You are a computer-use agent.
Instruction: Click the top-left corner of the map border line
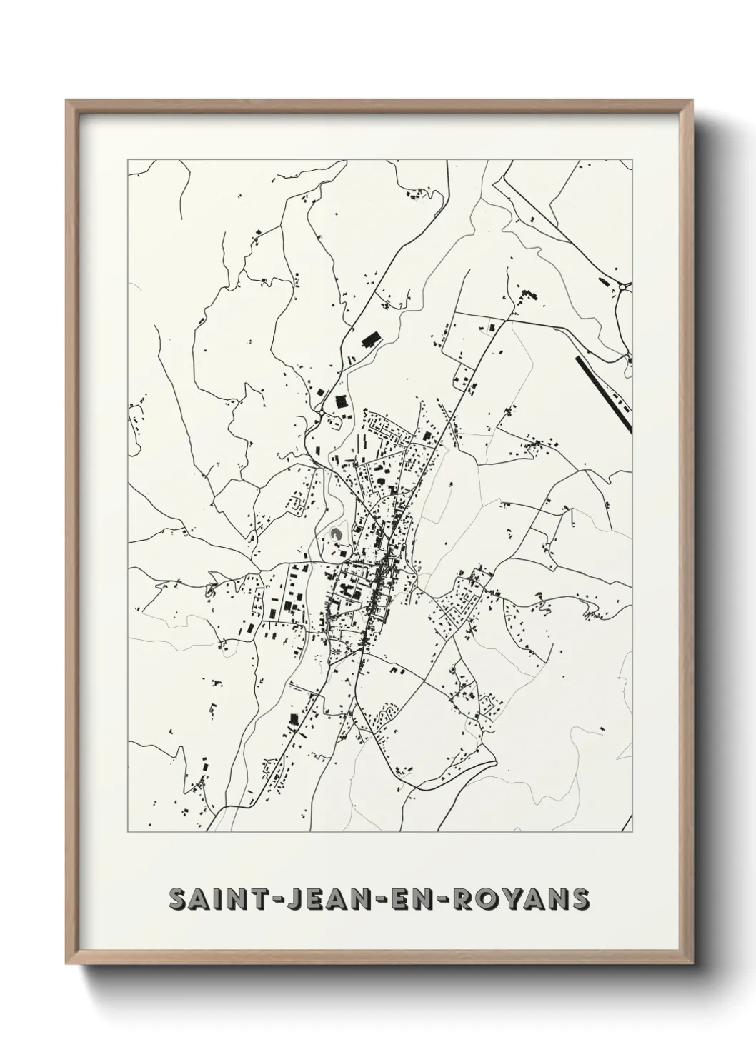click(x=128, y=159)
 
